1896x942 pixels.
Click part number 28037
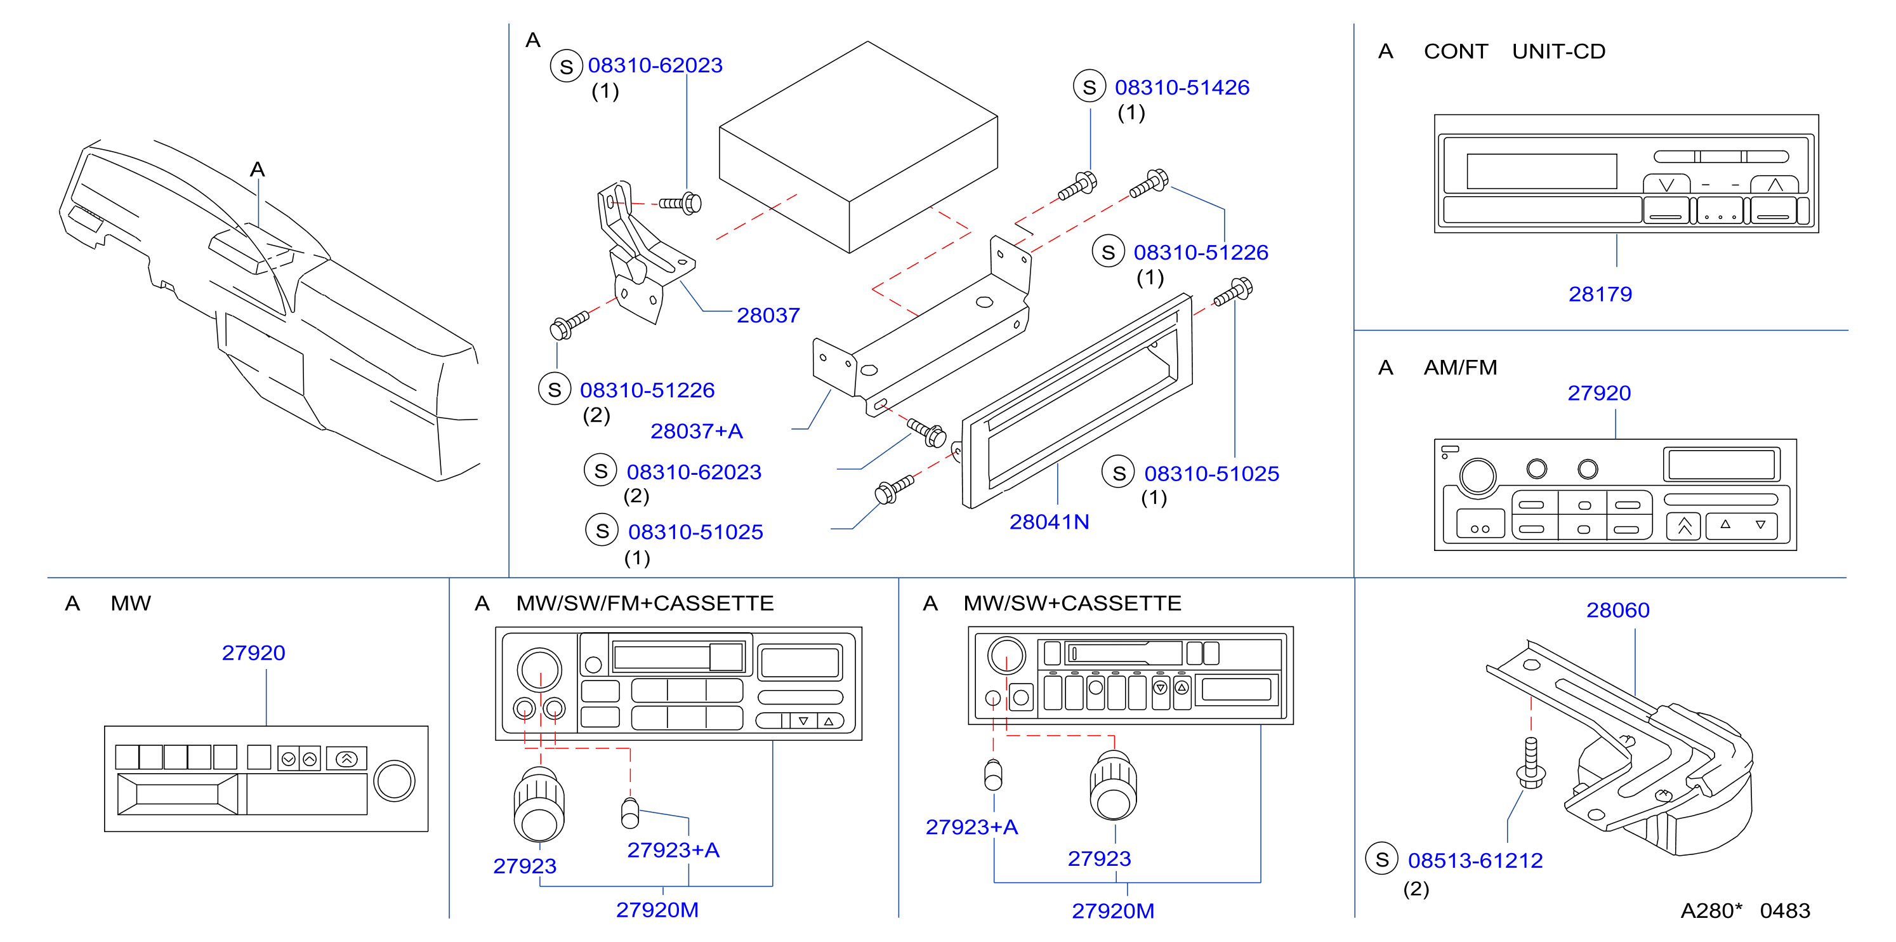(768, 315)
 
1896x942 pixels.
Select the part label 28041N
(1049, 522)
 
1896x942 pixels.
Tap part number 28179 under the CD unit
(1600, 295)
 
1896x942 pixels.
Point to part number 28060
(1618, 611)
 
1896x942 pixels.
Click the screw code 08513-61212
(1475, 861)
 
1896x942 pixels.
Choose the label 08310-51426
(1182, 88)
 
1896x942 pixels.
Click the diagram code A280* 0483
(1745, 911)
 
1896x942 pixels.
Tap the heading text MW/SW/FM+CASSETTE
(645, 604)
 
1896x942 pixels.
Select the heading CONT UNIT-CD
(1515, 51)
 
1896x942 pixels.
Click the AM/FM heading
(1460, 368)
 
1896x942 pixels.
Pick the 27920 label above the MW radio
(253, 653)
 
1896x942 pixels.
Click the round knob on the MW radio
(395, 781)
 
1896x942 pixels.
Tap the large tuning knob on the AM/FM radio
(1477, 476)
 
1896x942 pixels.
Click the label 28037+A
(696, 432)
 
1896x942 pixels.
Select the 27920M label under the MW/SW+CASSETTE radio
(1113, 912)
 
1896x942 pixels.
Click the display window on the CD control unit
(1541, 171)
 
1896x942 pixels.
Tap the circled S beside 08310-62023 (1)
(566, 66)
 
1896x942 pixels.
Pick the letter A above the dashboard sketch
(257, 170)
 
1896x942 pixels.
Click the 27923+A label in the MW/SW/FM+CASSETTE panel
(673, 851)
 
